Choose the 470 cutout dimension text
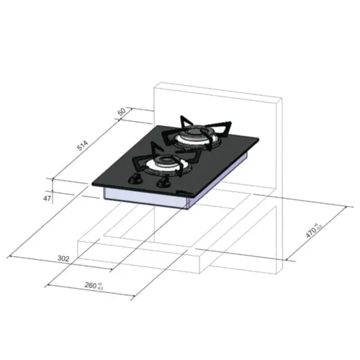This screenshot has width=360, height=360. click(x=311, y=232)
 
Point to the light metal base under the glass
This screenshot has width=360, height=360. click(x=144, y=199)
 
